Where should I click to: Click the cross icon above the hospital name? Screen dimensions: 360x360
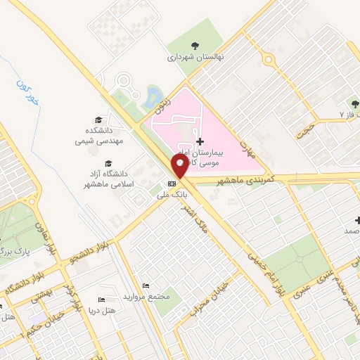(200, 141)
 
